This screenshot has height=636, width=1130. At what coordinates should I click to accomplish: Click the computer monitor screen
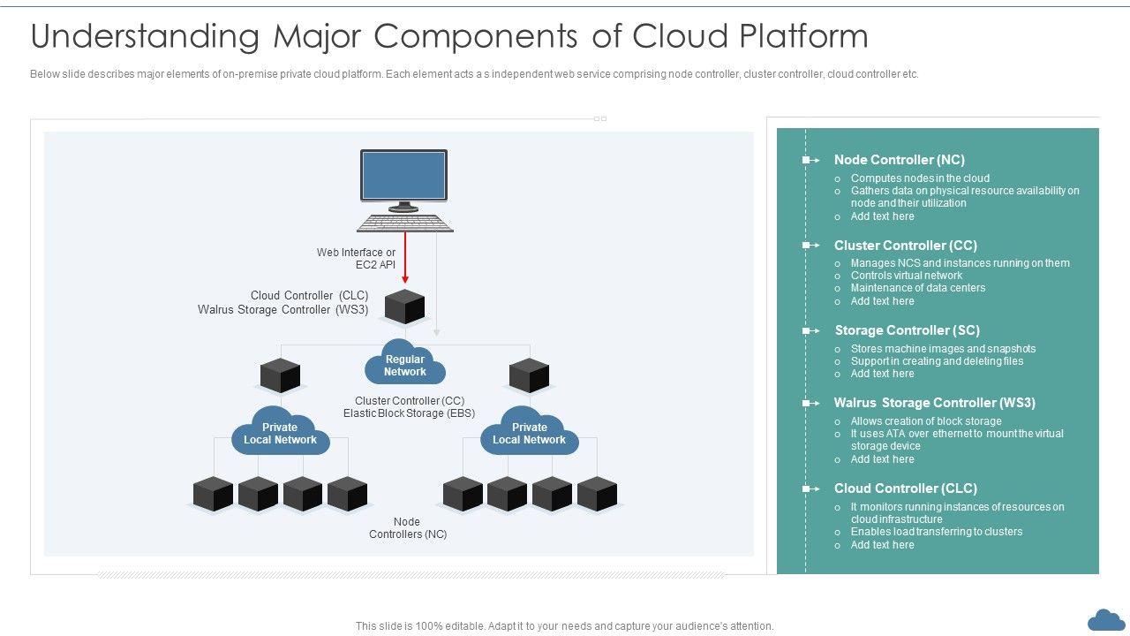(x=403, y=175)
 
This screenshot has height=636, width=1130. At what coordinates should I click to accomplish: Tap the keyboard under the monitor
(x=405, y=223)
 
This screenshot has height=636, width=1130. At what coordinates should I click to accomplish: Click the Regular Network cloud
(x=405, y=365)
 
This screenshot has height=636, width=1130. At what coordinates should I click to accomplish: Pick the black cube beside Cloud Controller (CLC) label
(x=405, y=307)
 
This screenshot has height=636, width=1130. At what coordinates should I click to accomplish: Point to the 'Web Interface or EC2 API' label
(x=356, y=258)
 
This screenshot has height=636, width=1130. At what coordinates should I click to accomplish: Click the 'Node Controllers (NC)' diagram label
(x=407, y=528)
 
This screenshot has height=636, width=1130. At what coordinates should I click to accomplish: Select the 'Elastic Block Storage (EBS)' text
(x=409, y=413)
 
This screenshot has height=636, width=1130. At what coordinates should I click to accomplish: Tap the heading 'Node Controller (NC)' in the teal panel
(x=899, y=160)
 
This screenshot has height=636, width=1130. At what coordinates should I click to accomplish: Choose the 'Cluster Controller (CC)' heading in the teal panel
(x=905, y=246)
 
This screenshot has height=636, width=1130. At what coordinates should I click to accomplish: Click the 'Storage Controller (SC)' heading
(x=907, y=330)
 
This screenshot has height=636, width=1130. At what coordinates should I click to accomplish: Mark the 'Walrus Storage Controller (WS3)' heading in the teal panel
(x=934, y=403)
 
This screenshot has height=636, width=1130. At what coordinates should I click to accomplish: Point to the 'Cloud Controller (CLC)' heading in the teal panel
(x=905, y=488)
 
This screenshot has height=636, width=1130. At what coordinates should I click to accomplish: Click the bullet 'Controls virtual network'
(x=906, y=276)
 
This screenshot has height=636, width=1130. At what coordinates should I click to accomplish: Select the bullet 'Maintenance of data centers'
(x=917, y=288)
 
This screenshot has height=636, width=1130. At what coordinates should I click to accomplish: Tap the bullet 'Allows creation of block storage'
(x=925, y=421)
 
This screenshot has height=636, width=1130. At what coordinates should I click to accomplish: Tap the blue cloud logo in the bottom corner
(x=1106, y=619)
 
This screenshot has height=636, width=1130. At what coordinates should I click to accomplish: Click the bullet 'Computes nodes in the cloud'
(x=920, y=178)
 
